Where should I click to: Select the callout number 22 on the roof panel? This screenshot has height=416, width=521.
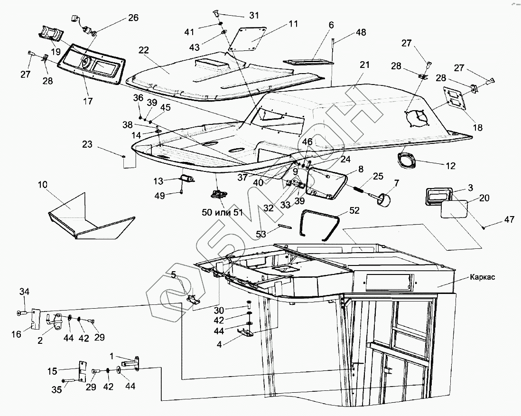pyautogui.click(x=144, y=50)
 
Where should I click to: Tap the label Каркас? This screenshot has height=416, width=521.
pyautogui.click(x=483, y=277)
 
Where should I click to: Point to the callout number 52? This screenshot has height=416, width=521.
pyautogui.click(x=354, y=210)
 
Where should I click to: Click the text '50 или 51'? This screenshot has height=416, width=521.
pyautogui.click(x=222, y=212)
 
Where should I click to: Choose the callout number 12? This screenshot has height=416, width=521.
pyautogui.click(x=450, y=166)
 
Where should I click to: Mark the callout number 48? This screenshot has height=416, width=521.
pyautogui.click(x=361, y=32)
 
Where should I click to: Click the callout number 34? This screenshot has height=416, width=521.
pyautogui.click(x=25, y=291)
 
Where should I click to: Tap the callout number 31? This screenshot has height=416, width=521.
pyautogui.click(x=254, y=15)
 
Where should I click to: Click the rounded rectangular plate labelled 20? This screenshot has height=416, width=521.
pyautogui.click(x=454, y=209)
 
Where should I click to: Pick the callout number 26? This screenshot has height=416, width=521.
pyautogui.click(x=133, y=18)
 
